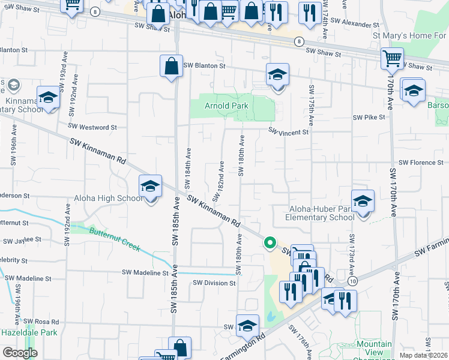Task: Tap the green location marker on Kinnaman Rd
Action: [270, 243]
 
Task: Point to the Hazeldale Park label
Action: [29, 332]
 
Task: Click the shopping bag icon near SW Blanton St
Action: [171, 67]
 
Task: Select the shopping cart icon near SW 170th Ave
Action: [392, 59]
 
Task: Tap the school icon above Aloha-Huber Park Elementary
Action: [363, 202]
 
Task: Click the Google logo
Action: [20, 353]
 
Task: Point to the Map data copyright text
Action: [424, 355]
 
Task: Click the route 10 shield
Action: [352, 281]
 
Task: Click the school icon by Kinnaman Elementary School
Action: [48, 97]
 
